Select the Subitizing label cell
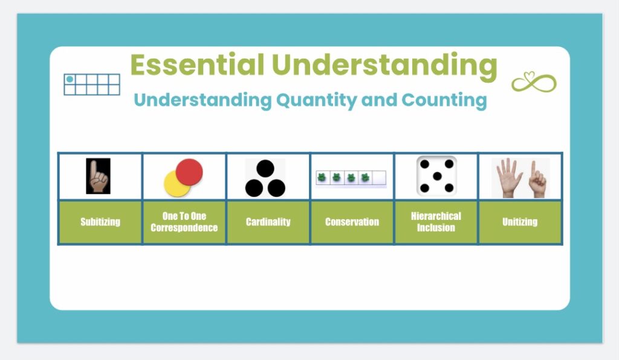(100, 222)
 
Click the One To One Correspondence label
(184, 222)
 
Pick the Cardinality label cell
(268, 222)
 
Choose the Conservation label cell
(352, 222)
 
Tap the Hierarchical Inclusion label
(436, 222)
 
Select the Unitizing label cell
(520, 222)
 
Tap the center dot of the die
(436, 176)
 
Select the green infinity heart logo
(534, 82)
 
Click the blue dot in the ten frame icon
(70, 79)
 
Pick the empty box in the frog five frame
(379, 178)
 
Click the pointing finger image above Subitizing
(98, 176)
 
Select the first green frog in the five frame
(323, 178)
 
